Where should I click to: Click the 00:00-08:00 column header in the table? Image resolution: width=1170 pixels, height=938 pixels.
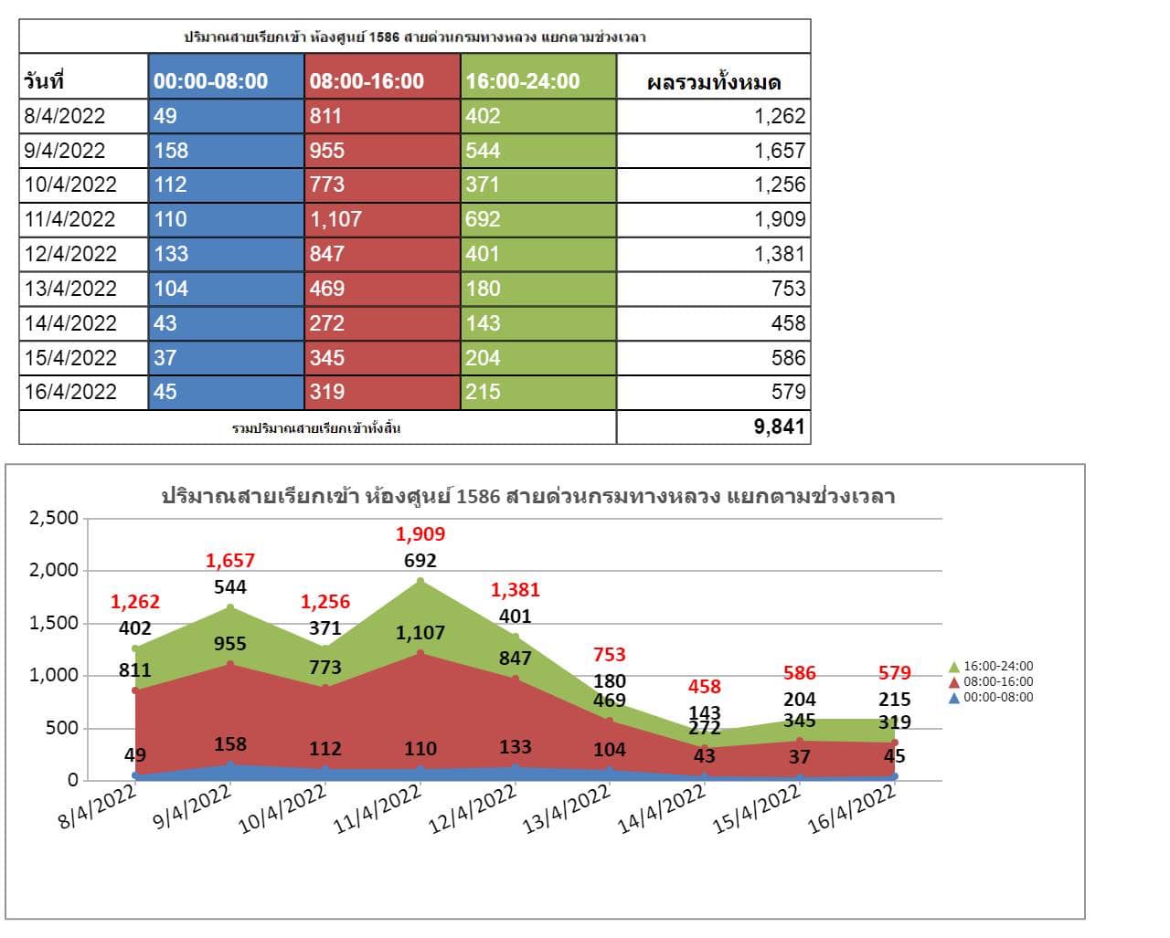point(211,81)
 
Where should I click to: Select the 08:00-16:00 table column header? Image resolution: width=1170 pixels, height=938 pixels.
point(367,81)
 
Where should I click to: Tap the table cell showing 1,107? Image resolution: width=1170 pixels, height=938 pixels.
point(335,219)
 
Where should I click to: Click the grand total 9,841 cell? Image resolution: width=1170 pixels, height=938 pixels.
point(779,427)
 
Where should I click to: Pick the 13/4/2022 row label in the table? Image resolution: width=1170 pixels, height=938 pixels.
point(71,289)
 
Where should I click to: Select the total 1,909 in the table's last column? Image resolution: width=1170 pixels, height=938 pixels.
point(780,219)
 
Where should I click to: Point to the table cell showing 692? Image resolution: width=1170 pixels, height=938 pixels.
point(483,219)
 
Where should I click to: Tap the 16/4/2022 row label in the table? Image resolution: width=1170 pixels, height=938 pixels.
point(71,392)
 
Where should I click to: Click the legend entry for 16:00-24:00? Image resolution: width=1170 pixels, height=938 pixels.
point(992,666)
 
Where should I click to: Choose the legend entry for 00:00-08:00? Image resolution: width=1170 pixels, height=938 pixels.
point(992,697)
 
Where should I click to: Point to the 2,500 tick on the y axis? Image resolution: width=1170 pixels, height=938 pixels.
point(55,518)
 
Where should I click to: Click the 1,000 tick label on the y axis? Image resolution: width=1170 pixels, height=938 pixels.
point(55,676)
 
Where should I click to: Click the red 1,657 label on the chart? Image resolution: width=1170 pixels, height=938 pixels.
point(230,561)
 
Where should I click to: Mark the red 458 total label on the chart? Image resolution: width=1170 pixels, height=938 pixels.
point(705,687)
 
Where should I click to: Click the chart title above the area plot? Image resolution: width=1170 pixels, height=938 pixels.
point(527,497)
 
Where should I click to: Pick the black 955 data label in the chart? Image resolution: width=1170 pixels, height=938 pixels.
point(230,644)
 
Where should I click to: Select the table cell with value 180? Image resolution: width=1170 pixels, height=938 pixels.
point(483,289)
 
